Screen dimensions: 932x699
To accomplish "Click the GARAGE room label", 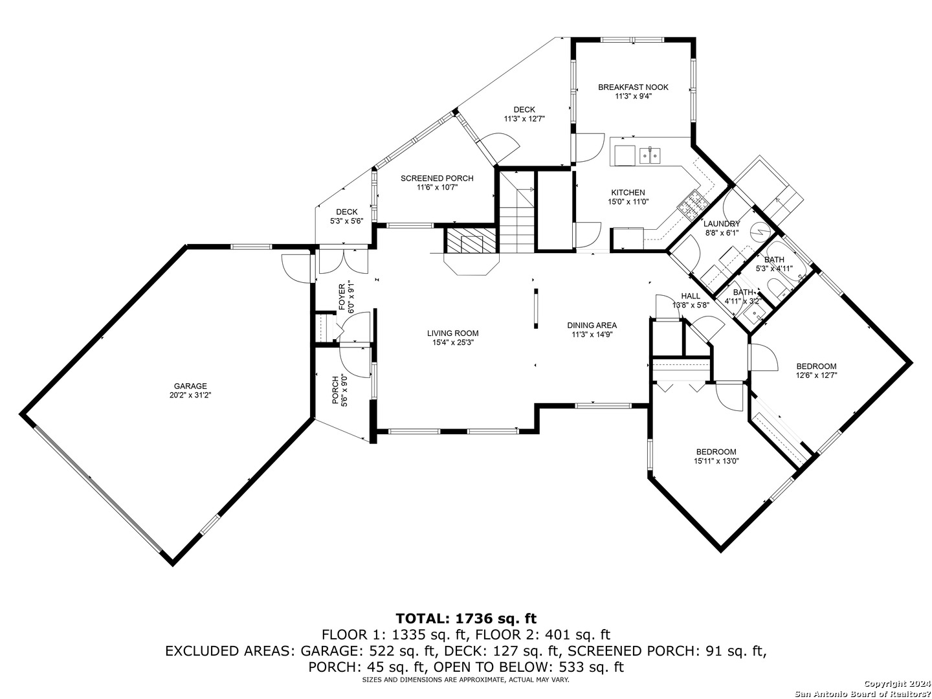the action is tap(190, 386).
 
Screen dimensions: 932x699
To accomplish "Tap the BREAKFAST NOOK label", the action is tap(633, 87).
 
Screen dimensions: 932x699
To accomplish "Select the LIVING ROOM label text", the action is tap(452, 333).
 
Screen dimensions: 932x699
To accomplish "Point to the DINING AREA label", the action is tap(592, 325).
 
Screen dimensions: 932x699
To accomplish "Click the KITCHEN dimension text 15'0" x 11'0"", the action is tap(628, 201).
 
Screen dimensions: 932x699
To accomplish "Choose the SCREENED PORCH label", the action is tap(437, 178).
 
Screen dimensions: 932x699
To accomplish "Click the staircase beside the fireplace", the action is tap(516, 212).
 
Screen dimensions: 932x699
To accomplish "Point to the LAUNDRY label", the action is tap(722, 224).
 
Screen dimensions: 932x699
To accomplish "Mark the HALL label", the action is tap(691, 296).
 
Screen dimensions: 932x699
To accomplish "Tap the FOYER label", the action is tap(341, 298).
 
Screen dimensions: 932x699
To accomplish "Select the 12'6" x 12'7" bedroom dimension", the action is tap(817, 375).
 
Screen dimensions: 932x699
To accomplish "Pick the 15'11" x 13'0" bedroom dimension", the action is tap(716, 461).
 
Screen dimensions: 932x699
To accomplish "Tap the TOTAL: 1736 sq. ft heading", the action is tap(466, 617).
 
